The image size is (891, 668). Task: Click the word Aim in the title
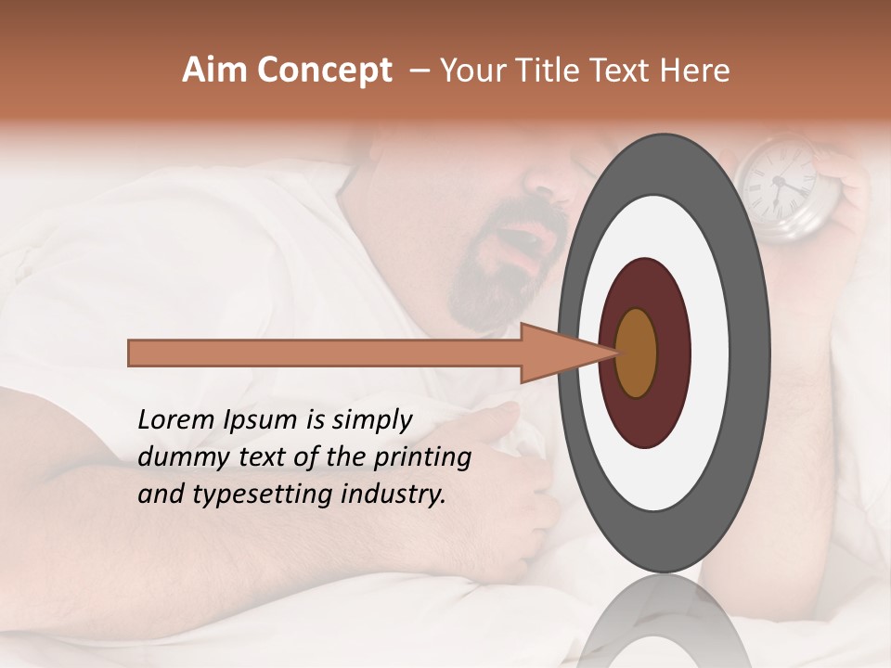(x=215, y=71)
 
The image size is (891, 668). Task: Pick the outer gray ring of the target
(x=664, y=162)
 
